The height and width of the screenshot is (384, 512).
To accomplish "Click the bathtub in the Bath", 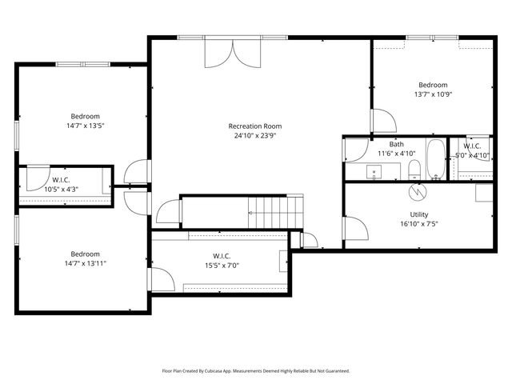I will [x=435, y=159].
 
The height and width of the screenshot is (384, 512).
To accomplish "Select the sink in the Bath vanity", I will [x=374, y=171].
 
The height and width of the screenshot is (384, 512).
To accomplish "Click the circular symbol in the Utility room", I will [x=416, y=191].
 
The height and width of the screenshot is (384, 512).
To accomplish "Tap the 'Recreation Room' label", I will [x=254, y=126].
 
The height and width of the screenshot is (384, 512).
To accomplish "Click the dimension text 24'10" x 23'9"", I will [x=254, y=135].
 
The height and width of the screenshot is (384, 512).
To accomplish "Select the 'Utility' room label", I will [x=418, y=214].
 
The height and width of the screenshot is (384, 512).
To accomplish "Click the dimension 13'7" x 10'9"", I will [x=432, y=94].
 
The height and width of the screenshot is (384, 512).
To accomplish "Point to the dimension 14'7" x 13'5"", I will [x=85, y=126].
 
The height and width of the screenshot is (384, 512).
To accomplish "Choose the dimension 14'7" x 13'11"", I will [x=85, y=263].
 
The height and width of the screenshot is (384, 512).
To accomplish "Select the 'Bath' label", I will [x=396, y=144].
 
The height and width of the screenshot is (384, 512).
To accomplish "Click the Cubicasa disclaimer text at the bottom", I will [x=256, y=370].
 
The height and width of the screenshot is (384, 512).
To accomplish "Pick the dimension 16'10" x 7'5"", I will [x=418, y=224].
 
